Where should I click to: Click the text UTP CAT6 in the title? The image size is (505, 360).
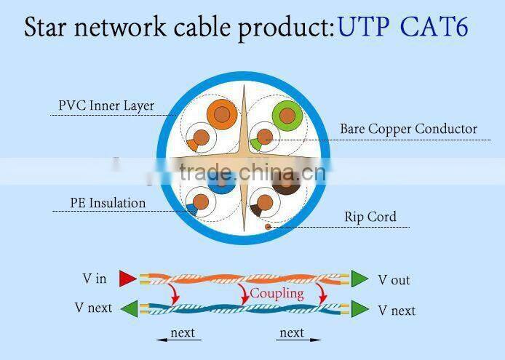[x=402, y=28]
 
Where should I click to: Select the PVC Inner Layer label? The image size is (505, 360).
[x=106, y=106]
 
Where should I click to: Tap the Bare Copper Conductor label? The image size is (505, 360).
[x=408, y=129]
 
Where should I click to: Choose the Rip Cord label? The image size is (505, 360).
[x=370, y=217]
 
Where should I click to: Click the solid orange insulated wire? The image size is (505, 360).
[x=220, y=113]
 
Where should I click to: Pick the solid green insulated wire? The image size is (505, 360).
[x=287, y=114]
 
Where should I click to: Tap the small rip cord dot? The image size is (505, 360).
[x=267, y=226]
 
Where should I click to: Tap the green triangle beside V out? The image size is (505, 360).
[x=359, y=278]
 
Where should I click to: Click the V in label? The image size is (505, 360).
[x=95, y=279]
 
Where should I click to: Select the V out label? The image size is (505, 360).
[x=394, y=280]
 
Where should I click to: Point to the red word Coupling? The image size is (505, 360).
[x=277, y=293]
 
